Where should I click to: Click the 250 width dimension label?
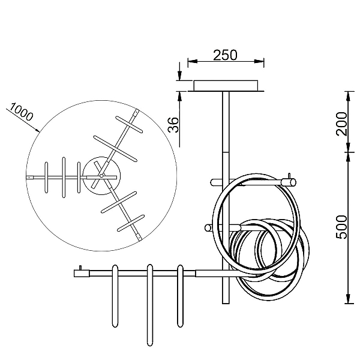[225, 55]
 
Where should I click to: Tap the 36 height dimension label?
[173, 125]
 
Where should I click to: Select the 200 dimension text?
[341, 124]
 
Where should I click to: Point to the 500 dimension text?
[341, 227]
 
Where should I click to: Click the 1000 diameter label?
[22, 112]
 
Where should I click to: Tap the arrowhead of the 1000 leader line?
[37, 130]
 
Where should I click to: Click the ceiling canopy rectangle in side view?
[226, 86]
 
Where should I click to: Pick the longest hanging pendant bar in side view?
[149, 305]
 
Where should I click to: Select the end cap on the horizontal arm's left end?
[82, 273]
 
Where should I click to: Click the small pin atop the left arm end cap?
[80, 268]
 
